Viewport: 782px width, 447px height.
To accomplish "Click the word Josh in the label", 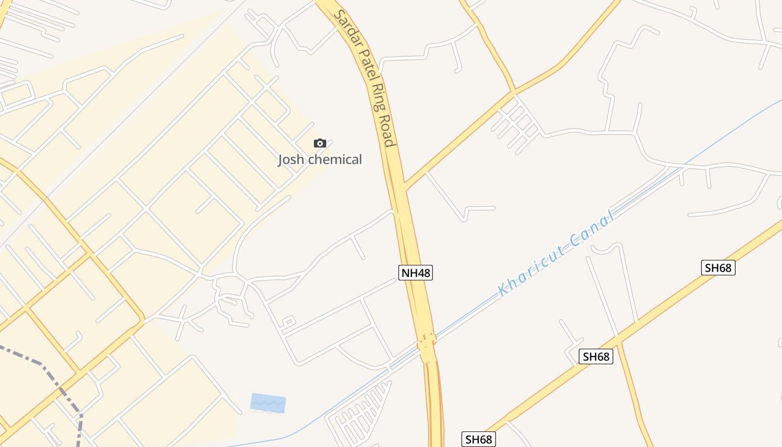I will [x=291, y=160].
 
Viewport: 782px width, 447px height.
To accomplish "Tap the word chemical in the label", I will [x=335, y=160].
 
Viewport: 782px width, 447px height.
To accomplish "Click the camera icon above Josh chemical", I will [x=320, y=144].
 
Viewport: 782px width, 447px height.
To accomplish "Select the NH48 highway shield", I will [x=416, y=273].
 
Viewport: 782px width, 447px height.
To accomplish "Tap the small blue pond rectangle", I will [x=268, y=403].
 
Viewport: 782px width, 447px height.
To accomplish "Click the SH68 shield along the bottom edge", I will [x=479, y=439].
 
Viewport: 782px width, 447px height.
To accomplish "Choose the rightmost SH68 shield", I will [x=718, y=268].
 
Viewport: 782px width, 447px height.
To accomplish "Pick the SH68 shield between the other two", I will [x=595, y=356].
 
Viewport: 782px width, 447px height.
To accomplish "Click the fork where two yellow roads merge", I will [x=513, y=92].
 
